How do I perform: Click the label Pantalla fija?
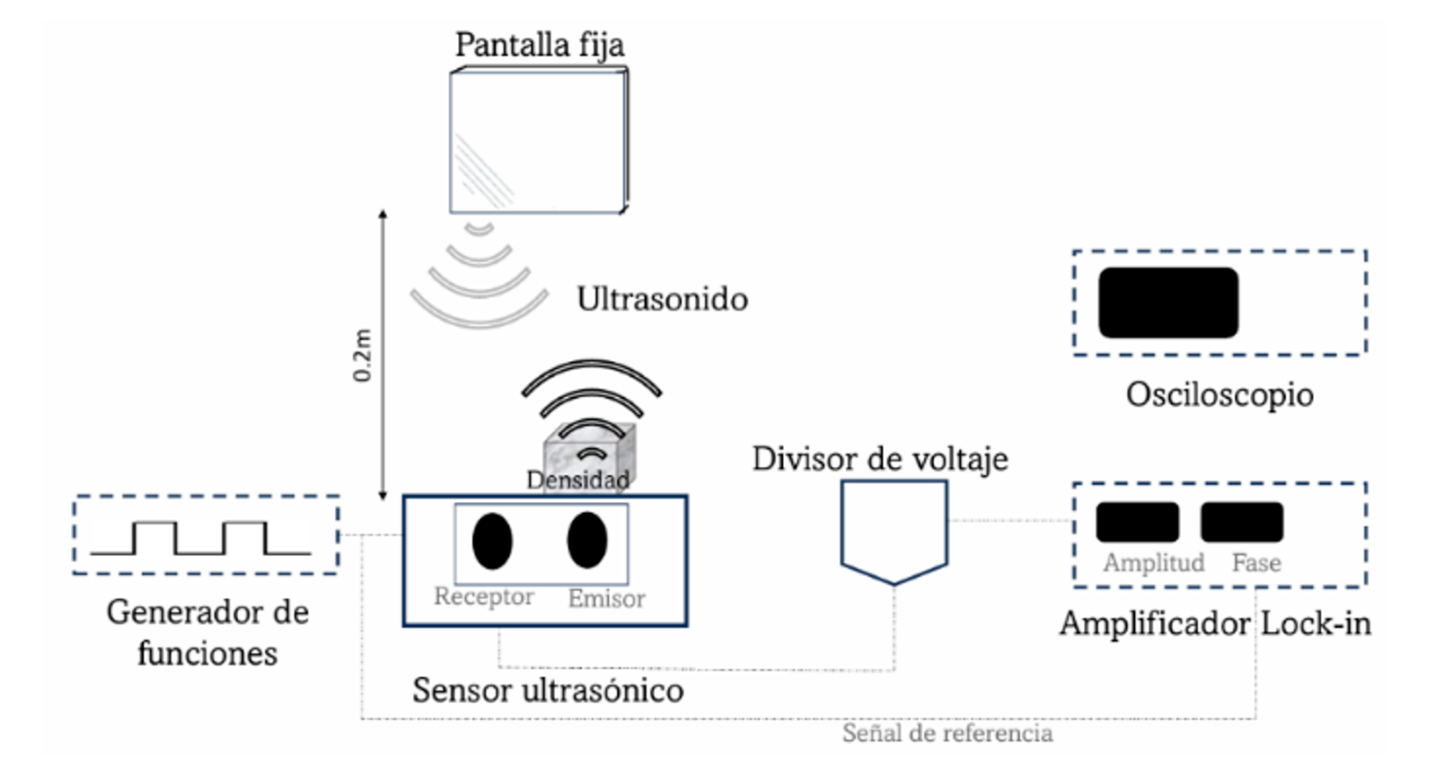(540, 46)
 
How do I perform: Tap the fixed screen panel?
(539, 140)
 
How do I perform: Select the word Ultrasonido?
(662, 299)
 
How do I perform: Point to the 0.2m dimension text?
(363, 356)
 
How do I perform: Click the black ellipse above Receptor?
(492, 541)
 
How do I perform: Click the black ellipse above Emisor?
(587, 540)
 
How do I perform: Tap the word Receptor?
(484, 596)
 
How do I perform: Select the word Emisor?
(606, 598)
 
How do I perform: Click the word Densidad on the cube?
(578, 480)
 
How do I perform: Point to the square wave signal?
(201, 538)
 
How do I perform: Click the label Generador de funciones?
(207, 631)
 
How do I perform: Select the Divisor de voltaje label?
(880, 459)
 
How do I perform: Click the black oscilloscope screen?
(1168, 303)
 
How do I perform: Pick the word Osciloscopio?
(1220, 395)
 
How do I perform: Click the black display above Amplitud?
(1137, 522)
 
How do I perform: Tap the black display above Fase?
(1242, 522)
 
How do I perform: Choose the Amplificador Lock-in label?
(1215, 624)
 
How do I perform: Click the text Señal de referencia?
(947, 734)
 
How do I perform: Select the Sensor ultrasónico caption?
(548, 690)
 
